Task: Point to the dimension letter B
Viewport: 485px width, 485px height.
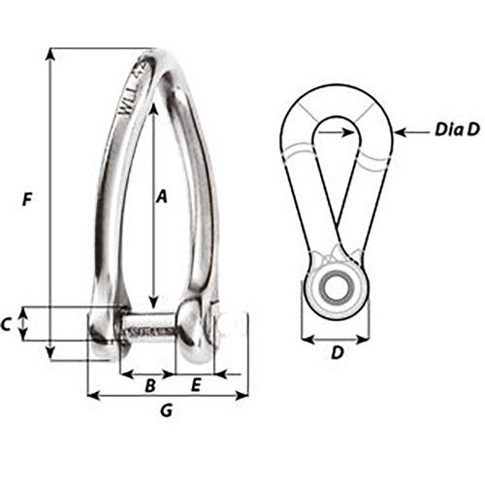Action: (x=149, y=385)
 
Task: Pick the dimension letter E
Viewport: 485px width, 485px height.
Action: (x=195, y=385)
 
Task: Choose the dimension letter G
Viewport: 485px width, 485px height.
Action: (x=166, y=410)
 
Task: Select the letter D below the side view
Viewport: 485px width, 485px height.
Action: (x=336, y=353)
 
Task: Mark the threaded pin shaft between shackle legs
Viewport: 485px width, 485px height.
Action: (x=148, y=330)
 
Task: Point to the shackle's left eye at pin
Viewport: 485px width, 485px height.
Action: (x=104, y=330)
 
